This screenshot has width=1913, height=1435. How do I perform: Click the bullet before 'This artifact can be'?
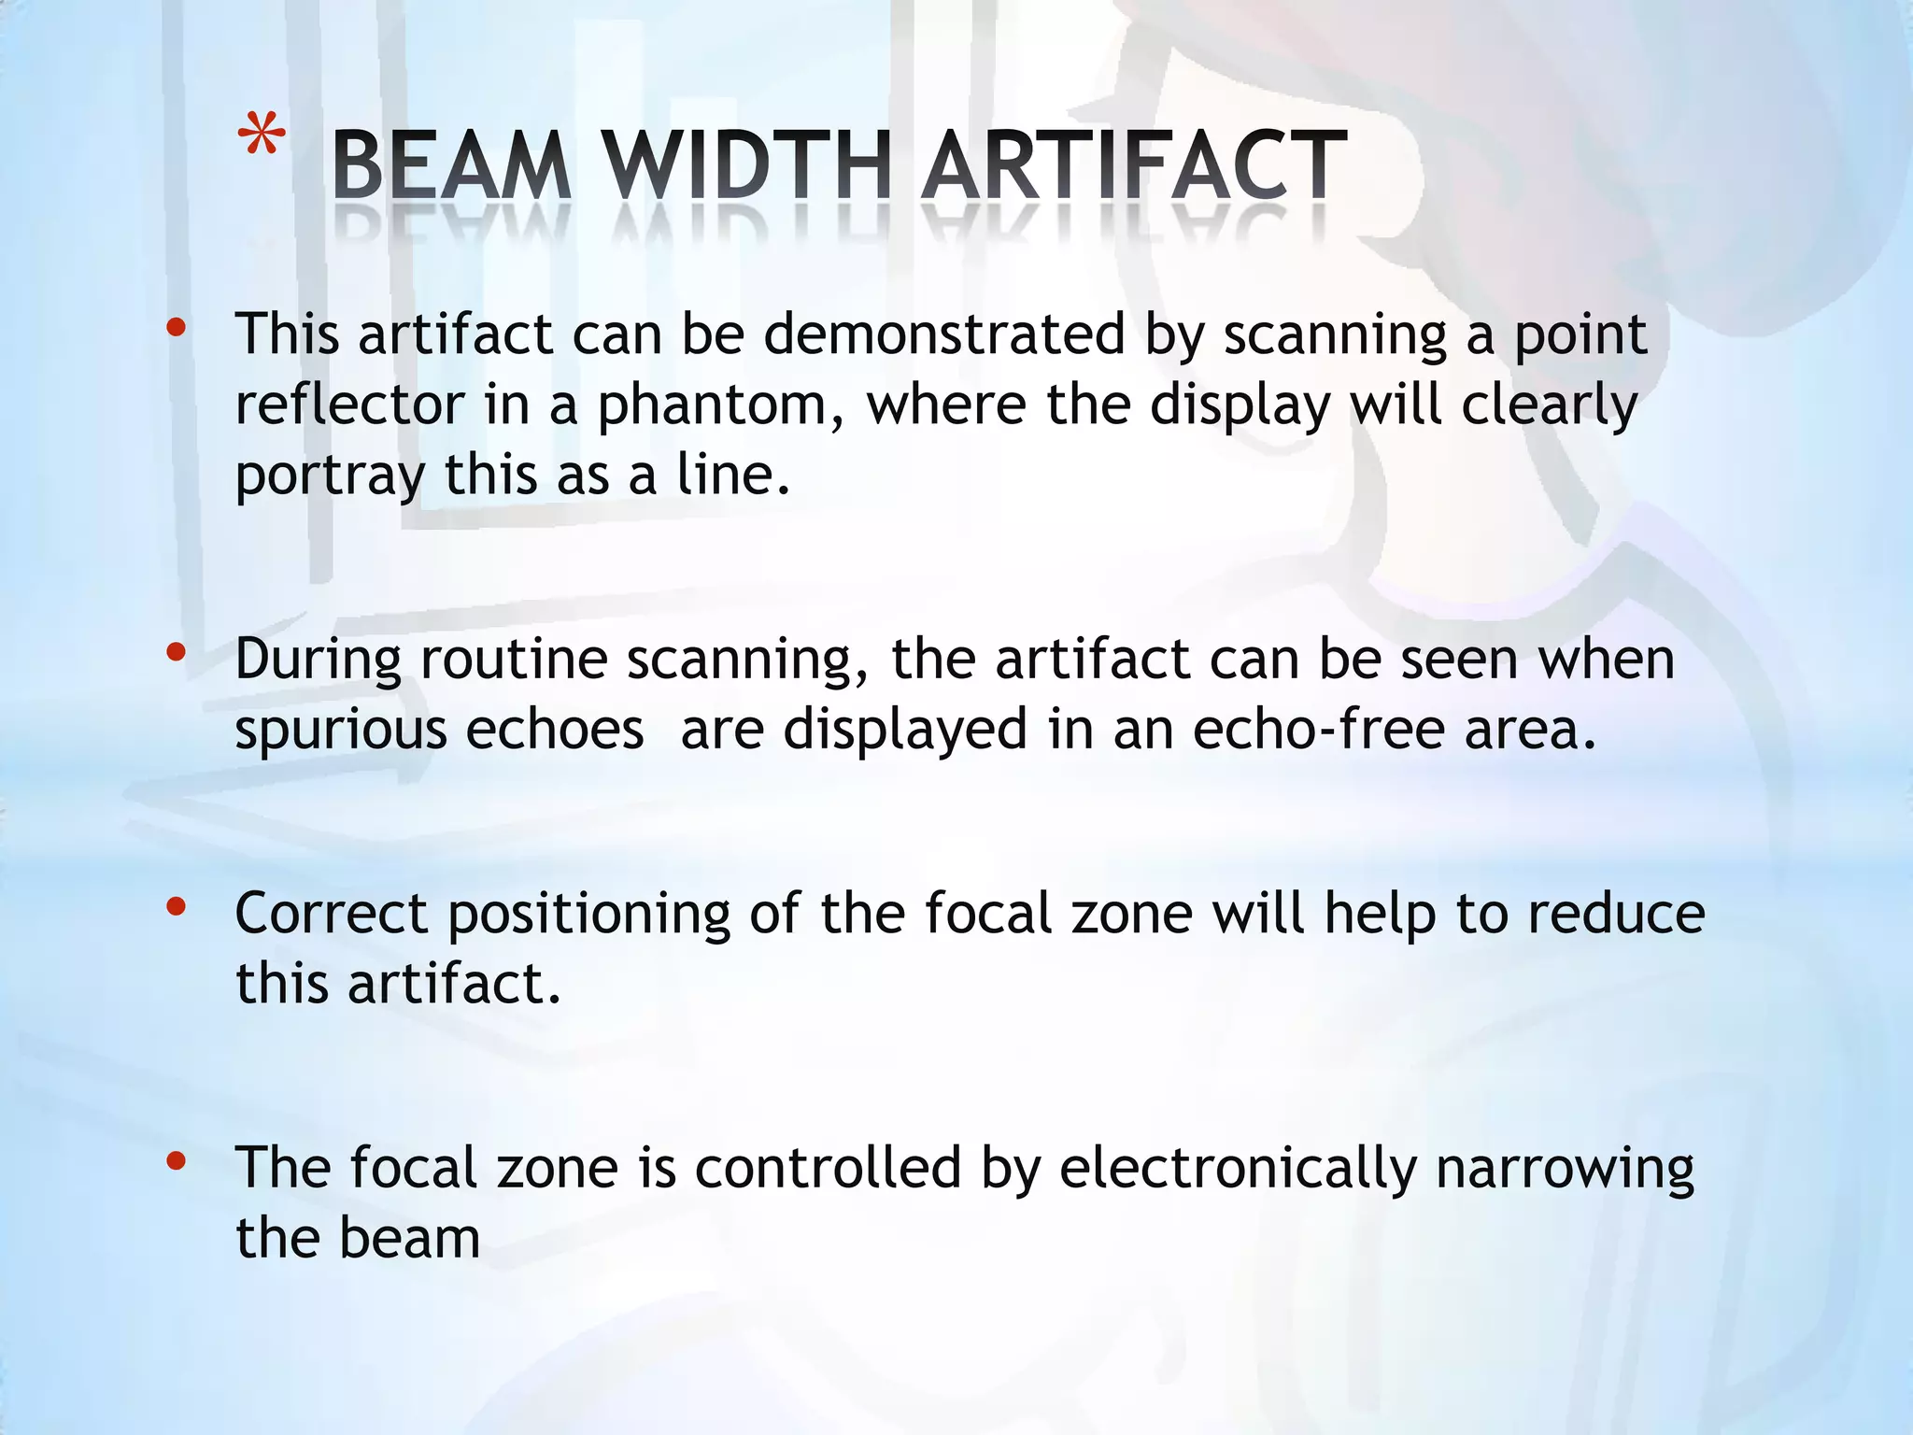pos(176,328)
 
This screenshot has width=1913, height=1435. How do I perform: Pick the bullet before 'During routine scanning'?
pos(176,653)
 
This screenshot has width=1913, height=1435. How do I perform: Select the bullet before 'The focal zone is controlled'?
pos(176,1161)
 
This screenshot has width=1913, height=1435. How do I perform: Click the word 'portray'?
pos(330,476)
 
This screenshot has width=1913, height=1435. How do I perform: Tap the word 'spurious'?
pos(341,731)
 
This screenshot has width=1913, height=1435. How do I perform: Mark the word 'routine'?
pos(515,660)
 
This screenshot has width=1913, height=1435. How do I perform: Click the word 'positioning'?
pos(589,915)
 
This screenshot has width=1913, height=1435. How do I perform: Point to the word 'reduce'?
pos(1616,913)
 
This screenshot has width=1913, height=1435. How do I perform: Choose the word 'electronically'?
pos(1238,1170)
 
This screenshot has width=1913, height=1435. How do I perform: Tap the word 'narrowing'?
pos(1565,1170)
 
